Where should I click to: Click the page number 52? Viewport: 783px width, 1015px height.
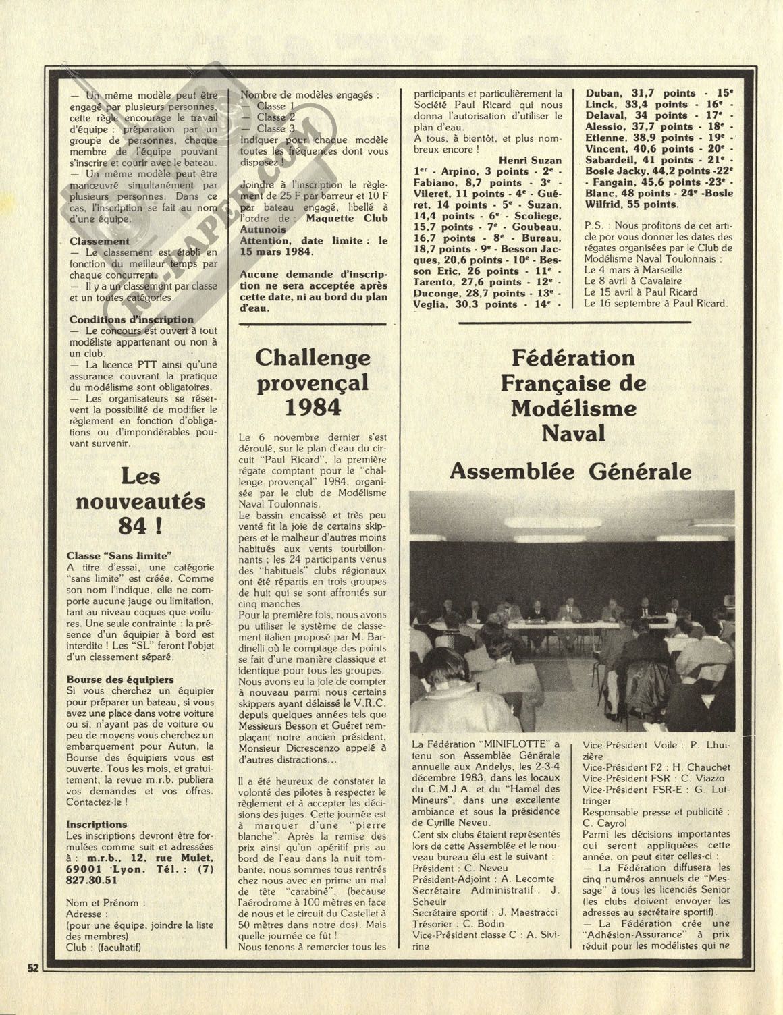pos(32,966)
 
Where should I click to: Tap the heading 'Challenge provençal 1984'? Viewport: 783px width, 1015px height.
pos(312,382)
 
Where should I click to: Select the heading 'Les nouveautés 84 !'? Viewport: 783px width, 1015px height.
pos(140,501)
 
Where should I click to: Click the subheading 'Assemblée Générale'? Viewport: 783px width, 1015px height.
pos(570,470)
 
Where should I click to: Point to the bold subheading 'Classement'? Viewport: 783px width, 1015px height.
pos(99,241)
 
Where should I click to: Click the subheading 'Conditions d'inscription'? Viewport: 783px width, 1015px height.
pos(131,319)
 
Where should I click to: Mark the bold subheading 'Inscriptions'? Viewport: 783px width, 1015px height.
pos(97,824)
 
